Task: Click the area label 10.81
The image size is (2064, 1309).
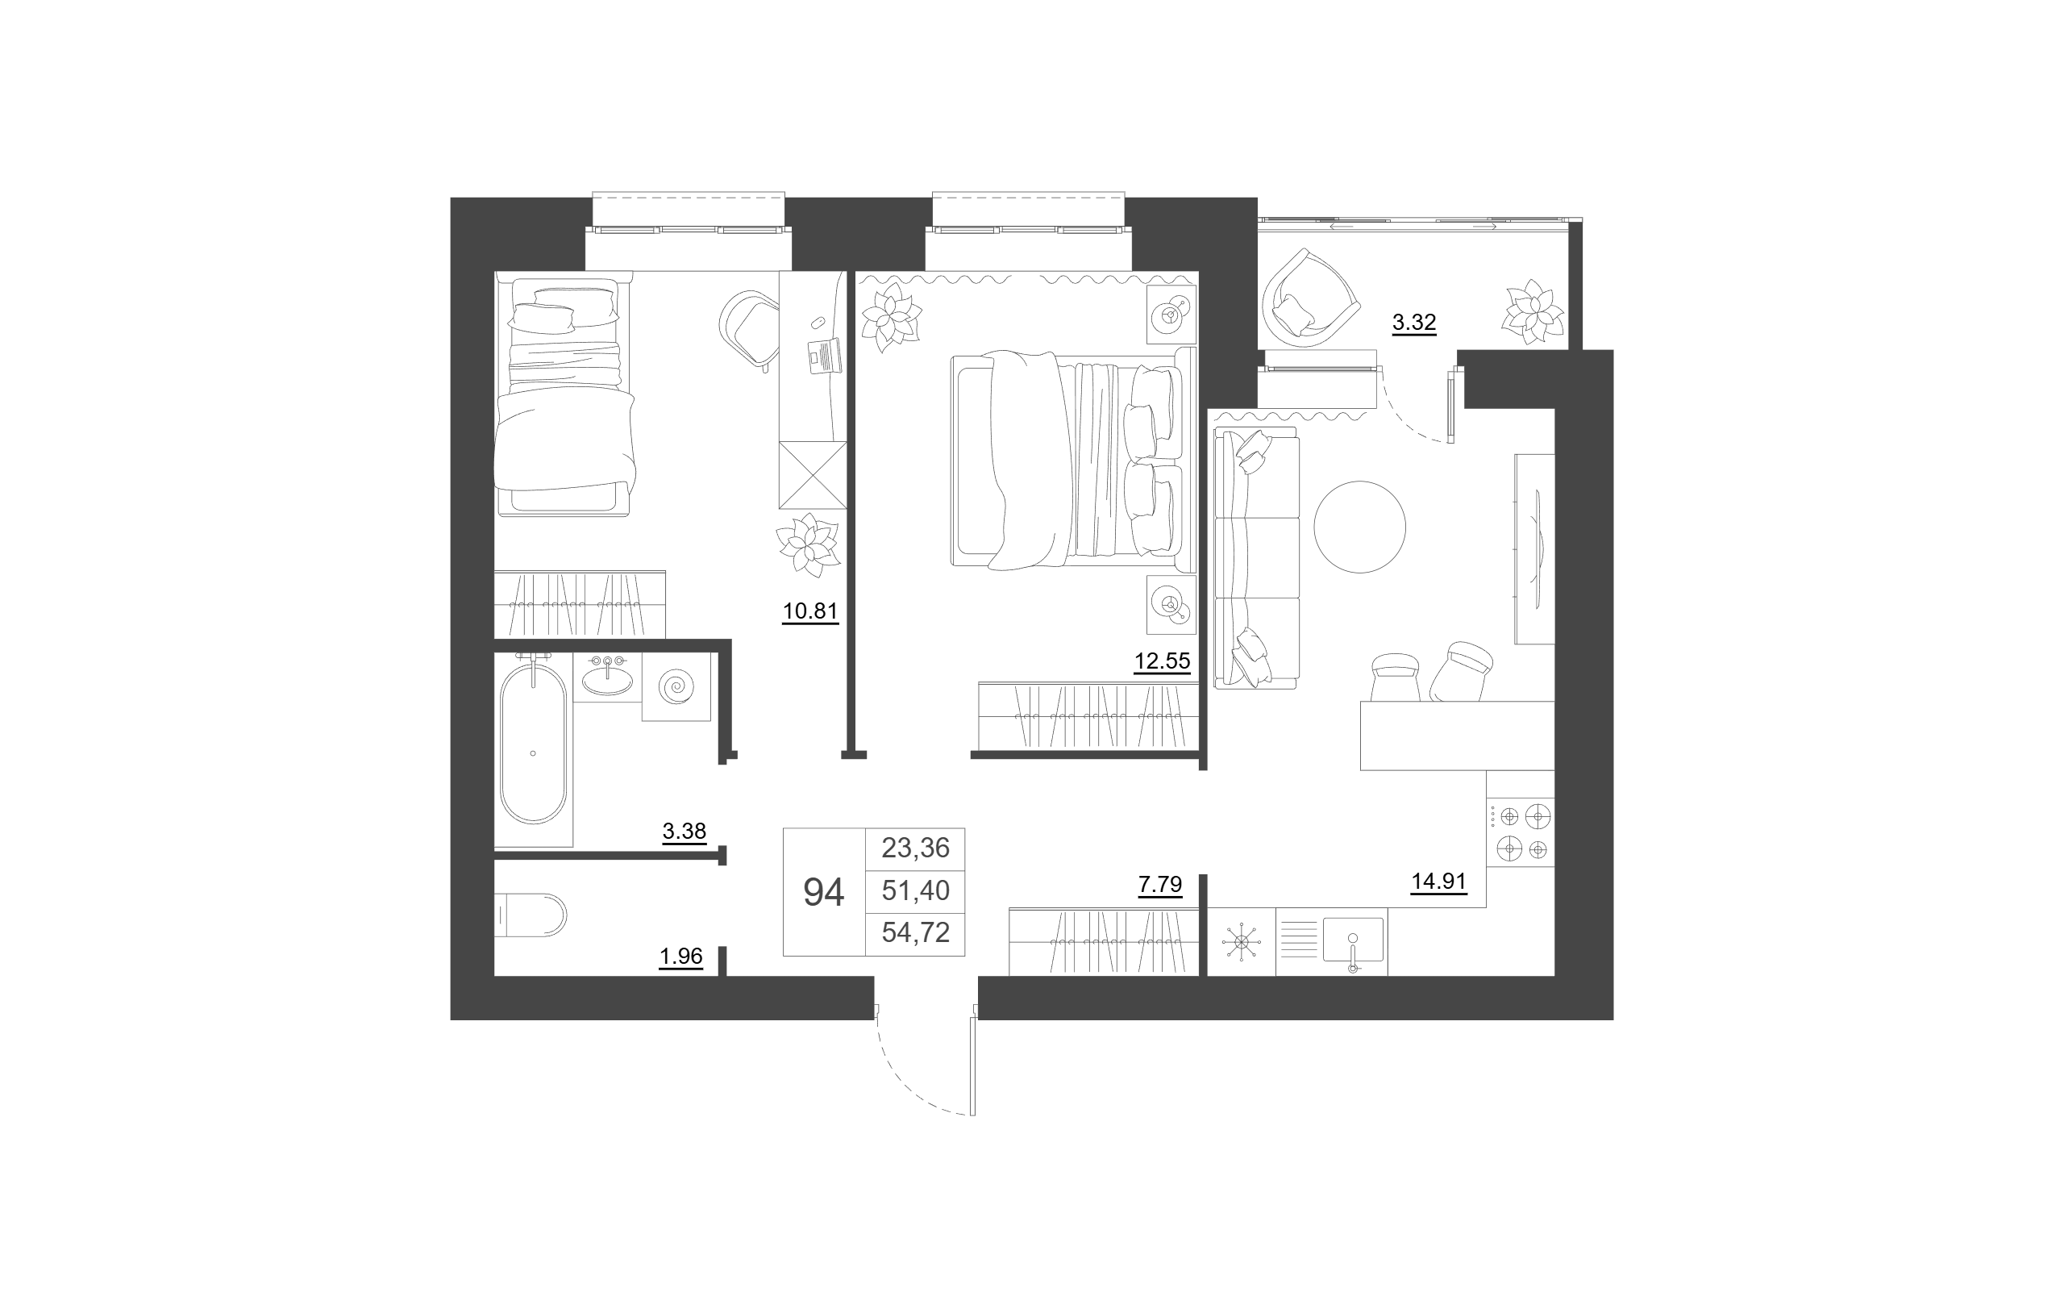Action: tap(810, 611)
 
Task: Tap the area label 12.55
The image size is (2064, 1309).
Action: tap(1163, 661)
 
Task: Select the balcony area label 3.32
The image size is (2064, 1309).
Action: tap(1413, 323)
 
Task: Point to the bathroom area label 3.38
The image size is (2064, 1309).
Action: tap(684, 831)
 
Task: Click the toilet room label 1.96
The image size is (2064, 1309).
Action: tap(680, 956)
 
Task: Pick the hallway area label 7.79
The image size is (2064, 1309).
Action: tap(1159, 884)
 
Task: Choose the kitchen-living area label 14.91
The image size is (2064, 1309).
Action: tap(1439, 882)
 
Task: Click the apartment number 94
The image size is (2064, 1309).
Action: tap(824, 892)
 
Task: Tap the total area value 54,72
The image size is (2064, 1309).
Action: tap(915, 932)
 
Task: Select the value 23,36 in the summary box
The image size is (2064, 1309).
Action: tap(915, 848)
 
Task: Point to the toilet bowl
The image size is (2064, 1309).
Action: tap(531, 915)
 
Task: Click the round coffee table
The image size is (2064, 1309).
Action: tap(1359, 527)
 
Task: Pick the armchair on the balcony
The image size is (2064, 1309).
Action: tap(1309, 294)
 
